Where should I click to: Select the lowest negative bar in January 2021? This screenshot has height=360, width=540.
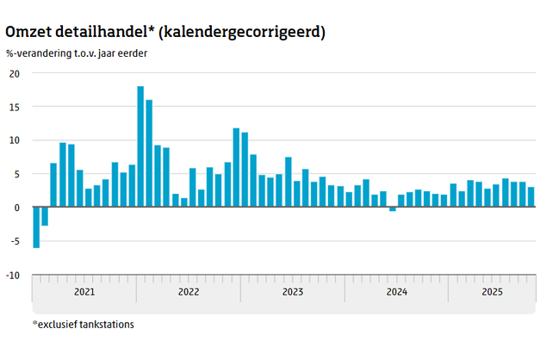(36, 227)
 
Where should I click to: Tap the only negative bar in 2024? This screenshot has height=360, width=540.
(393, 209)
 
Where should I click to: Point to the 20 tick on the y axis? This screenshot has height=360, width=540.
(14, 73)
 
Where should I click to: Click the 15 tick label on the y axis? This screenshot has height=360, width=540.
(14, 107)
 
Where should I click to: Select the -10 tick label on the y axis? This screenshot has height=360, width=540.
(12, 276)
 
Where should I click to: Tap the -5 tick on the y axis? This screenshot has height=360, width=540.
(14, 242)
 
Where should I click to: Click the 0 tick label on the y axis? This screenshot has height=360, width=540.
(16, 208)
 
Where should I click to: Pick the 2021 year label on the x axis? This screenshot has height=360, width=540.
(84, 292)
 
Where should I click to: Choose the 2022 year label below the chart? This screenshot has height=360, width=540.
(188, 292)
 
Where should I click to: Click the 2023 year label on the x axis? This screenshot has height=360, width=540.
(292, 292)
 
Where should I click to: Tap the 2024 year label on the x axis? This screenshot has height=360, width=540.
(396, 292)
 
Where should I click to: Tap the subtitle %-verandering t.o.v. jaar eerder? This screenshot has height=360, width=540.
(76, 53)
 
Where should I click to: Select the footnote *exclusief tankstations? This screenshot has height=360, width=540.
(83, 325)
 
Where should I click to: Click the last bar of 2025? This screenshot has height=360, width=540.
(531, 197)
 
